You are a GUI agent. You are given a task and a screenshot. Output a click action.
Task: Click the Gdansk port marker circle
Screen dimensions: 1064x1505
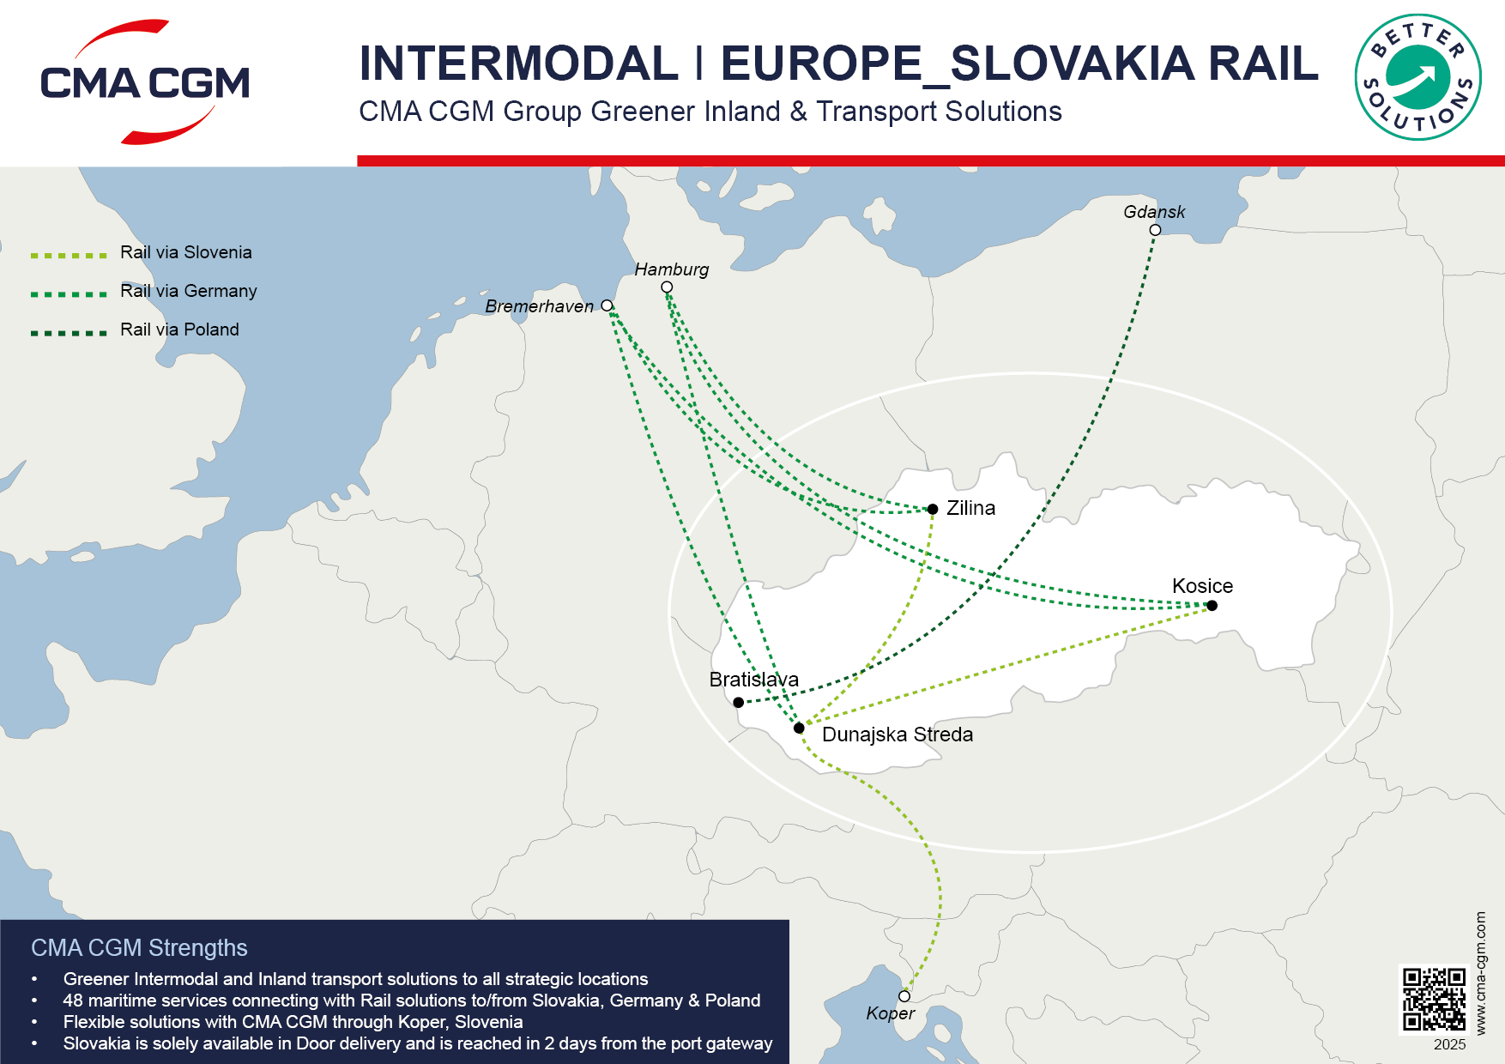click(x=1155, y=230)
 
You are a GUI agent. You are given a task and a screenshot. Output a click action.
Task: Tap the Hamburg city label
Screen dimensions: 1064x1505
click(x=671, y=269)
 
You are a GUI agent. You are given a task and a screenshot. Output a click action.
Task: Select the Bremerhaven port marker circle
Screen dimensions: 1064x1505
click(x=607, y=305)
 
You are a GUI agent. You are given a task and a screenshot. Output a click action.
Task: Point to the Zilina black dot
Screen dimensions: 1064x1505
click(x=933, y=509)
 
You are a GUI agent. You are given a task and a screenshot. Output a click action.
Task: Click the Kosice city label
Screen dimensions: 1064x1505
click(x=1202, y=586)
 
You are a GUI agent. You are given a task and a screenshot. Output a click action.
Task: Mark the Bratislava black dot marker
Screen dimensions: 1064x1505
click(x=738, y=702)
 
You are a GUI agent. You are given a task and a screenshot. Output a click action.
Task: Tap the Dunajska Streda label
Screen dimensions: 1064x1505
click(x=897, y=735)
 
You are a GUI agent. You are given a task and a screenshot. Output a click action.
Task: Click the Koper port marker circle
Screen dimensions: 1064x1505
click(x=904, y=996)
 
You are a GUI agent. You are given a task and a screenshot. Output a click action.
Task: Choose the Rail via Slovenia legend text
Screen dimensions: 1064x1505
click(x=185, y=252)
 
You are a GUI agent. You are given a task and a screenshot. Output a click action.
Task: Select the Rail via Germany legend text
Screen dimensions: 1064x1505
click(x=188, y=291)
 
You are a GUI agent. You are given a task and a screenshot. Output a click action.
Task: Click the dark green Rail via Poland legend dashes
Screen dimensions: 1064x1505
click(x=69, y=333)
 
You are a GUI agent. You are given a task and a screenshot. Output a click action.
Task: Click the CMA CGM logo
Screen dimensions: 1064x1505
click(x=144, y=82)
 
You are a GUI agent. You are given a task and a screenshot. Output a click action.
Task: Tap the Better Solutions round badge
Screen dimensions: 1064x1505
click(x=1417, y=77)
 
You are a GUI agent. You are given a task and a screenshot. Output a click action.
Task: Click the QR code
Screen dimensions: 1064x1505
click(x=1434, y=999)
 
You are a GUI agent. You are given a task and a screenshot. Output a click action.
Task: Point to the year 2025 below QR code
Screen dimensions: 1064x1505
click(x=1449, y=1044)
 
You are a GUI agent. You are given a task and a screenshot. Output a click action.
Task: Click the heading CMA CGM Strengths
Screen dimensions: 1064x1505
click(x=139, y=947)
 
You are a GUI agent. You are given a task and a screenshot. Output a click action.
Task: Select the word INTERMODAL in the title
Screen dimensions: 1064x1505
click(x=518, y=63)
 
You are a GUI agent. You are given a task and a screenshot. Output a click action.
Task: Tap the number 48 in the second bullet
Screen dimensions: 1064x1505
click(x=72, y=1001)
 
